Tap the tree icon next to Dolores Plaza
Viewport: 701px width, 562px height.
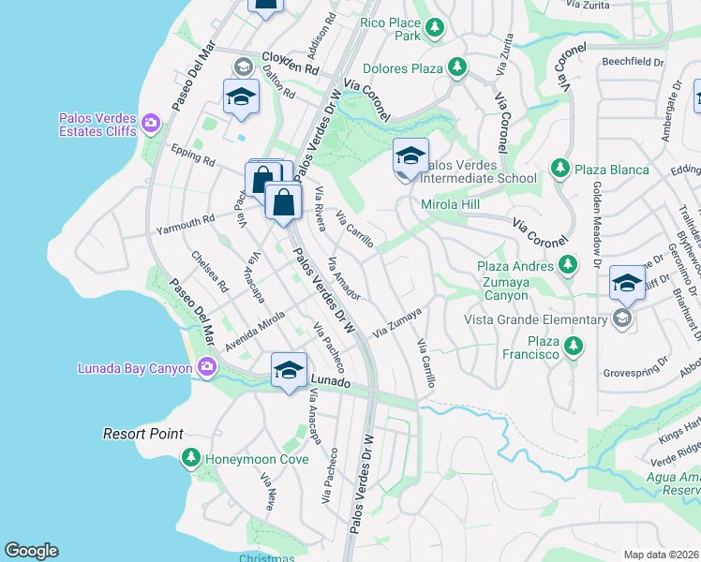pos(456,67)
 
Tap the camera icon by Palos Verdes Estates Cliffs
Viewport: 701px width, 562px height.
pos(150,122)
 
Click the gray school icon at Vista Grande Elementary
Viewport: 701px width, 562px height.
pos(620,319)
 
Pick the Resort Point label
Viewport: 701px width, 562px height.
pos(142,435)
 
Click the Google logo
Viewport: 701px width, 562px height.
pos(31,551)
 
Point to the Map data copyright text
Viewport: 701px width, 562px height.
pos(661,555)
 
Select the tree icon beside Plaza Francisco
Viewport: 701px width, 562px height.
pos(574,348)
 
